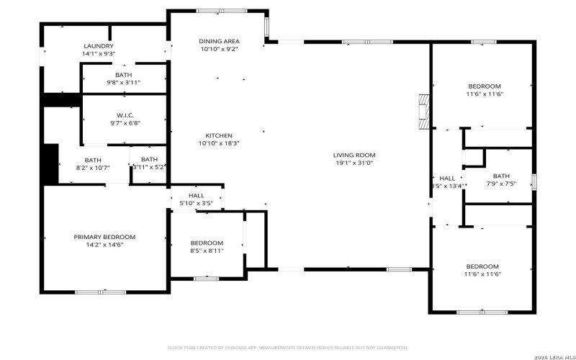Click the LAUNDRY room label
99,45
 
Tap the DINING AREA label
219,41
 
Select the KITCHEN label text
219,135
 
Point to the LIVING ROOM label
354,155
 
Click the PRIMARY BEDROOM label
104,237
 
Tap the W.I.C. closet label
125,115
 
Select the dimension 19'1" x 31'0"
354,163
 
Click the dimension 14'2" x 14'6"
104,245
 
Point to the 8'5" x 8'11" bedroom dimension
207,251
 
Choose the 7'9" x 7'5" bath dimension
501,183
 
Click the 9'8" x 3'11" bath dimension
123,82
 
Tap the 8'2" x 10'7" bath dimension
93,168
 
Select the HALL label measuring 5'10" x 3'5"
197,195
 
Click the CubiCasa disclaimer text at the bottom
288,346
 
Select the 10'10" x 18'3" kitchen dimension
219,143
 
